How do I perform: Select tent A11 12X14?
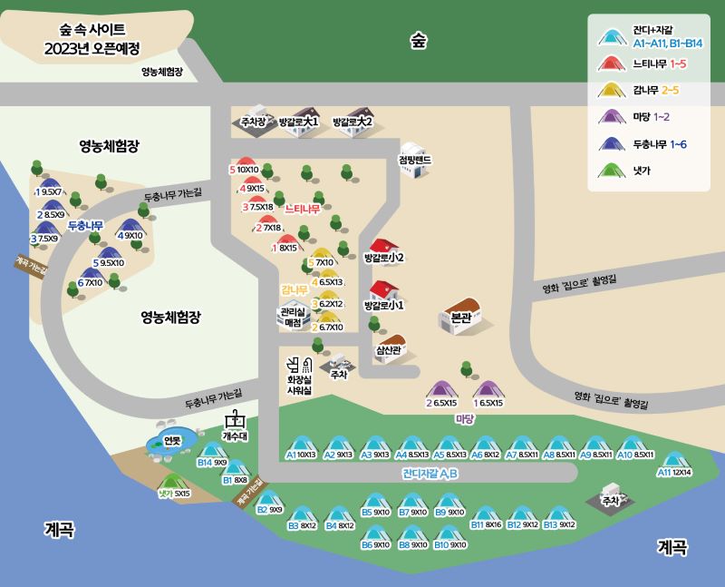point(672,461)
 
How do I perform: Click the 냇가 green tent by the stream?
point(169,482)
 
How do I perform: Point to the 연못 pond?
point(169,441)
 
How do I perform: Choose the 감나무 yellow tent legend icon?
point(614,89)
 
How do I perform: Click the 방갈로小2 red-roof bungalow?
point(384,249)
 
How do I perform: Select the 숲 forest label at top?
point(418,40)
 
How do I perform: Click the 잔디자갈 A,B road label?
point(430,474)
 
